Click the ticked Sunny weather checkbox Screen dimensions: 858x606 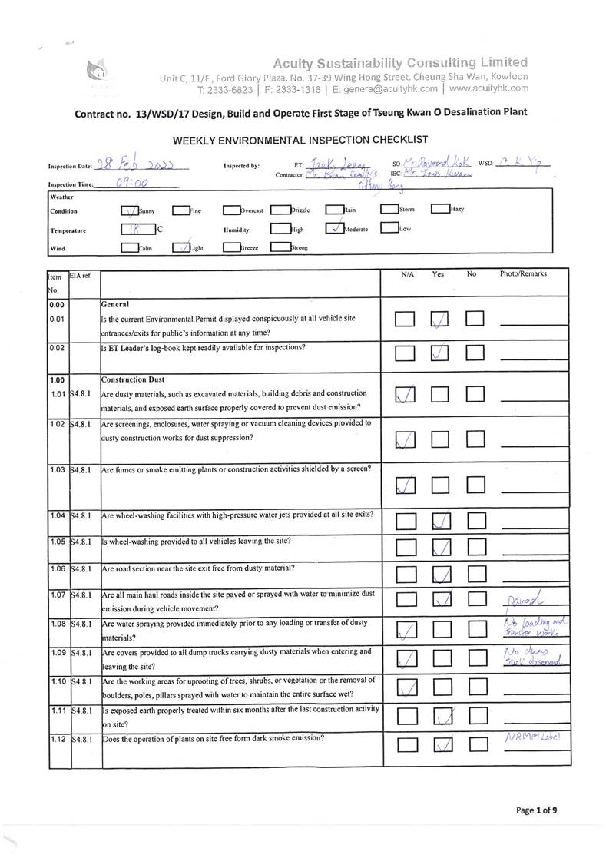(129, 210)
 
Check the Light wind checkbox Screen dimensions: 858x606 (180, 247)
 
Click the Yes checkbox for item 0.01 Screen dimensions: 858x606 (440, 319)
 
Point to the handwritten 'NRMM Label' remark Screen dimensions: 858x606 (535, 737)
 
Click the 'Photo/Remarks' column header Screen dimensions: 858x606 (523, 273)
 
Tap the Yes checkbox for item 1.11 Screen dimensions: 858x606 (440, 717)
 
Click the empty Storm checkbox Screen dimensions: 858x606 (389, 208)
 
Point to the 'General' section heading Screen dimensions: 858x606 (115, 304)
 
